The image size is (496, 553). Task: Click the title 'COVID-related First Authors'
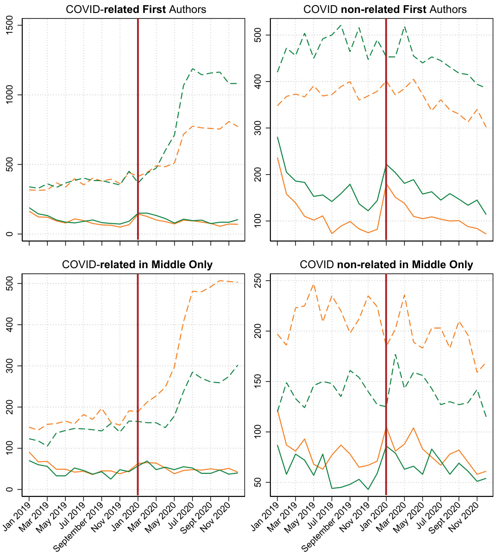136,9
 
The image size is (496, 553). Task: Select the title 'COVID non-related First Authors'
385,9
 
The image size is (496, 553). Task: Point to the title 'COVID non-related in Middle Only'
386,265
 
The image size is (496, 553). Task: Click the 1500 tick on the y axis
10,25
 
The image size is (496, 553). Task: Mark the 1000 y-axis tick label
10,95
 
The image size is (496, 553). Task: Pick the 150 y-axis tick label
259,382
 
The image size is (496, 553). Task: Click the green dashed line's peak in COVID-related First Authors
193,69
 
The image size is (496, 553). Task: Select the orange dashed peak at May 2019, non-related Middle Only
314,284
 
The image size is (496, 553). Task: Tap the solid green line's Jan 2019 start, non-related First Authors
277,137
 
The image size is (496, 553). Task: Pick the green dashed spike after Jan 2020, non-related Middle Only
395,355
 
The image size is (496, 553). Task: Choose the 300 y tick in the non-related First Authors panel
259,128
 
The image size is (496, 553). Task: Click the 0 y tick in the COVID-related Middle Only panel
10,490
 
